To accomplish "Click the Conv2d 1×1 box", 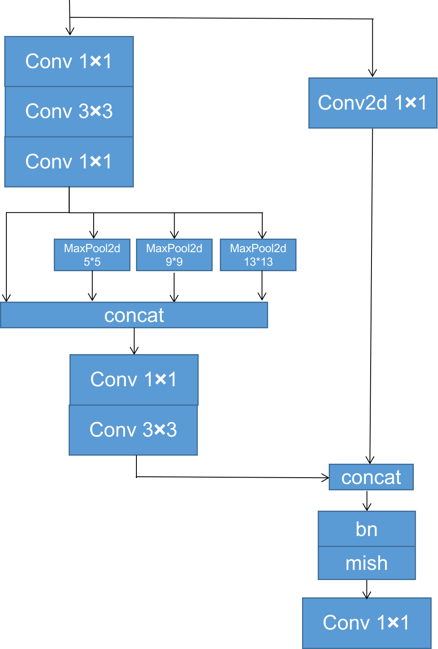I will pyautogui.click(x=372, y=103).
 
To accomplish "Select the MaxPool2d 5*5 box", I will pyautogui.click(x=92, y=255).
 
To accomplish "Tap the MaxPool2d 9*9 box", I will pyautogui.click(x=174, y=255).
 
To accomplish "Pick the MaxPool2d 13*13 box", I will pyautogui.click(x=258, y=255).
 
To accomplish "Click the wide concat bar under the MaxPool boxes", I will pyautogui.click(x=134, y=315).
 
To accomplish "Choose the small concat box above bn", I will pyautogui.click(x=371, y=477).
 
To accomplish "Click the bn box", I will pyautogui.click(x=366, y=529).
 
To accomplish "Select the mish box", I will pyautogui.click(x=366, y=563).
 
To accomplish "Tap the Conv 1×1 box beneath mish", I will pyautogui.click(x=366, y=623).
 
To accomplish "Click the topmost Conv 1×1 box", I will pyautogui.click(x=69, y=61).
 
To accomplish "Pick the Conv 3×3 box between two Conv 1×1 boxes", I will pyautogui.click(x=69, y=111).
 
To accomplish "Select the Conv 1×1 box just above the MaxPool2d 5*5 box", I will pyautogui.click(x=69, y=162).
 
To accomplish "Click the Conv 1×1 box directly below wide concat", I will pyautogui.click(x=134, y=379).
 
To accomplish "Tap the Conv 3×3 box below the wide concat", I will pyautogui.click(x=133, y=430).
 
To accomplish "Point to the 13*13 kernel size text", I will pyautogui.click(x=258, y=262).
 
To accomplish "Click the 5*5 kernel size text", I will pyautogui.click(x=92, y=262).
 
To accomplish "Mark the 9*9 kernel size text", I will pyautogui.click(x=174, y=262).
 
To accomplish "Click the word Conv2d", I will pyautogui.click(x=352, y=103).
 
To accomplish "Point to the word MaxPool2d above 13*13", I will pyautogui.click(x=258, y=248).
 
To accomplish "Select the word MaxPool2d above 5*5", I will pyautogui.click(x=92, y=248).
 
